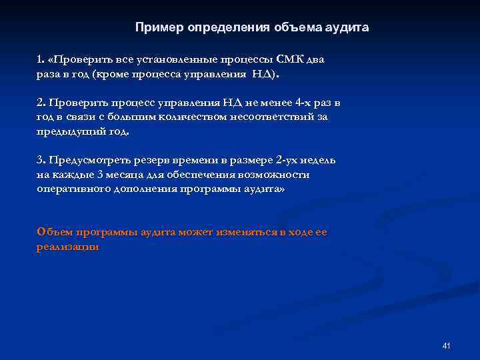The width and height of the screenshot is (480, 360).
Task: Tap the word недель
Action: [319, 161]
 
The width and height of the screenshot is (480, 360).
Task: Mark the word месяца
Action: [125, 175]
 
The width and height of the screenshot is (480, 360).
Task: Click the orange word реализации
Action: [69, 247]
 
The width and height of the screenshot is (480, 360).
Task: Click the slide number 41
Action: [446, 346]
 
